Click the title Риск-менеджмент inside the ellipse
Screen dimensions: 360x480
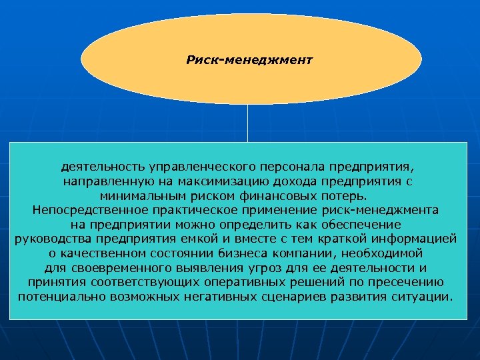click(249, 60)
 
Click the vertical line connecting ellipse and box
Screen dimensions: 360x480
click(248, 123)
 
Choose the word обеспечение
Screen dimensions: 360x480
click(361, 225)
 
